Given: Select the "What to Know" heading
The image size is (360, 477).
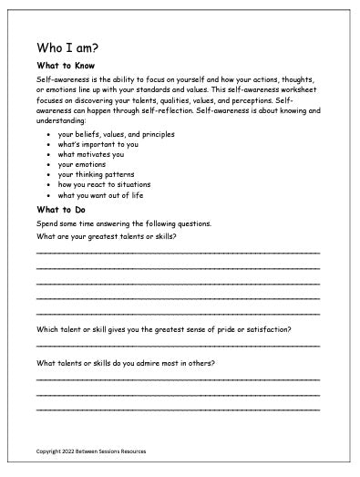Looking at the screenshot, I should [x=62, y=66].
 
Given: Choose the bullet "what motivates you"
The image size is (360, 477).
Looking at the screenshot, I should [x=87, y=154].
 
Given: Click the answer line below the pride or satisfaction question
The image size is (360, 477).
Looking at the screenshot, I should [x=178, y=346].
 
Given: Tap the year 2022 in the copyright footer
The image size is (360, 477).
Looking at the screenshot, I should [x=64, y=451].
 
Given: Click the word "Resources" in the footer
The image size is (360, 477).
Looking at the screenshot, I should [x=129, y=451].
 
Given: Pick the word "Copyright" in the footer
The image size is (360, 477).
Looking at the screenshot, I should [x=46, y=451].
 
